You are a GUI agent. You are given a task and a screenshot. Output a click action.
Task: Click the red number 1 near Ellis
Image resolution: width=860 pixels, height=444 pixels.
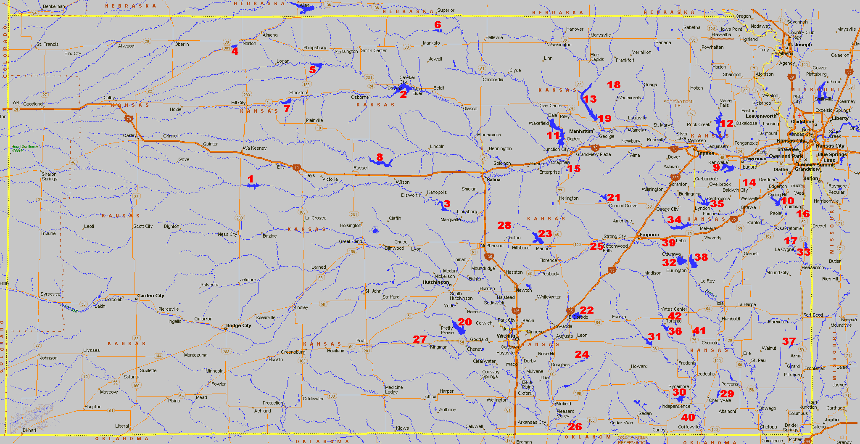click(251, 179)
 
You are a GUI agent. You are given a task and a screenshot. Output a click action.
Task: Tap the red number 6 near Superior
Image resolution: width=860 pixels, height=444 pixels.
click(438, 25)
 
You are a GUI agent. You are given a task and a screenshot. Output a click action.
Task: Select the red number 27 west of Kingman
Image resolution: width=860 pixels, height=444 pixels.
click(419, 339)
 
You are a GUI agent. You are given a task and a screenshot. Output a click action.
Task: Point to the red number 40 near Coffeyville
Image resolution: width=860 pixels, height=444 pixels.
click(688, 417)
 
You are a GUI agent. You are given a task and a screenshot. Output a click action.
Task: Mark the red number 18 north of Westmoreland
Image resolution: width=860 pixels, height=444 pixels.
click(614, 85)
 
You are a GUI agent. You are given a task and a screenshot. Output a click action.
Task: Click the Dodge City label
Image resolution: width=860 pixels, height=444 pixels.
click(238, 325)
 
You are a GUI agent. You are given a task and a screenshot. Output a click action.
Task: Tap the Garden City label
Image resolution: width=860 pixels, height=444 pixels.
click(150, 296)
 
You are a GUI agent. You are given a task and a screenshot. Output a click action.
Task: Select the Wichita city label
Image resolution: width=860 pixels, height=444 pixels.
click(506, 336)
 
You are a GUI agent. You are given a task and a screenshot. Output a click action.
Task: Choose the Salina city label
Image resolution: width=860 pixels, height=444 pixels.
click(493, 180)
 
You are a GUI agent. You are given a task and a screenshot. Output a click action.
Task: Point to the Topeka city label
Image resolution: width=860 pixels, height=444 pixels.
click(705, 153)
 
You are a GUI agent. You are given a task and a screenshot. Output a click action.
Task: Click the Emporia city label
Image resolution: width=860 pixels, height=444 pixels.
click(649, 235)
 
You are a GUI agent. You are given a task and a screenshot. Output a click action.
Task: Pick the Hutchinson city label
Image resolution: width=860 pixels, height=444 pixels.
click(435, 282)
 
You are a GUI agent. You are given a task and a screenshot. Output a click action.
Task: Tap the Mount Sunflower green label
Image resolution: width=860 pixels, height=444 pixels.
click(24, 148)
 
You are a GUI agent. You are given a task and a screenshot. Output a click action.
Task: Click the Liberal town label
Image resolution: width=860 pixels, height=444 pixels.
click(122, 426)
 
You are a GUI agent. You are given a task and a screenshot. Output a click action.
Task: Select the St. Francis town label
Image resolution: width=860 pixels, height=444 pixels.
click(47, 44)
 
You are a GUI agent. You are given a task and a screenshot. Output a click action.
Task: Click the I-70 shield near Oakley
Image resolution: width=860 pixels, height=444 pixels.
click(129, 119)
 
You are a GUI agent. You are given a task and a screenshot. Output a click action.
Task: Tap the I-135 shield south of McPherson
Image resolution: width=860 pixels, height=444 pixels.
click(488, 256)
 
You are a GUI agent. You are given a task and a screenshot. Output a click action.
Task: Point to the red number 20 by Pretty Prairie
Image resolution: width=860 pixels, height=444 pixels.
click(464, 322)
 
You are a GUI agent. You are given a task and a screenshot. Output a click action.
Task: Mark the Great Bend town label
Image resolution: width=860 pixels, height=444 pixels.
click(351, 241)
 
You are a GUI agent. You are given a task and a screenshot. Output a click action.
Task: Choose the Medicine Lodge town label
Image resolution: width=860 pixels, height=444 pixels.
click(393, 389)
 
